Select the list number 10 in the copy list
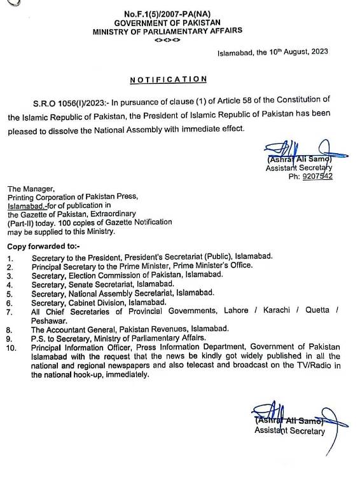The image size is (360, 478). tap(12, 347)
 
